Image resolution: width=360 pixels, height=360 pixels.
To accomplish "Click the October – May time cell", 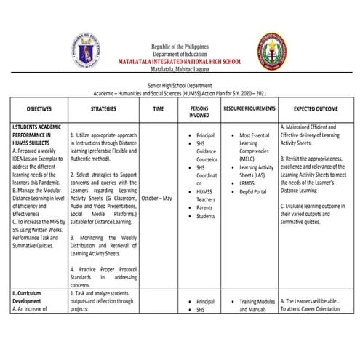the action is [x=157, y=197].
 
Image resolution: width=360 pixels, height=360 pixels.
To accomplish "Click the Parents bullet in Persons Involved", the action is [x=206, y=207].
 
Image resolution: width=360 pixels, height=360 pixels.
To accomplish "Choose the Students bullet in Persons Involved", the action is [x=207, y=216].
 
